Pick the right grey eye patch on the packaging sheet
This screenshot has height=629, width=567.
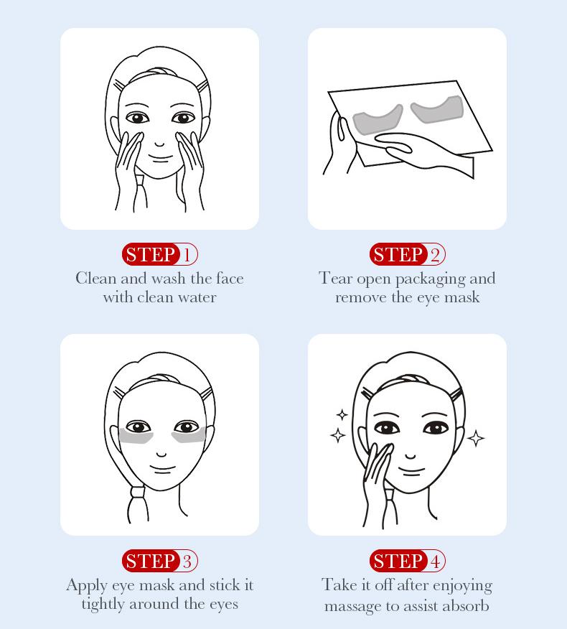[x=439, y=110]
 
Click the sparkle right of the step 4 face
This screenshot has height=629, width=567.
[x=475, y=437]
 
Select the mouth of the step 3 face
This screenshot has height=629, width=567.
[x=161, y=469]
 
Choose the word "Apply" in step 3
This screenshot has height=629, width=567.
[x=87, y=586]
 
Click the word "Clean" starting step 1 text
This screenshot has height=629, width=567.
[x=95, y=279]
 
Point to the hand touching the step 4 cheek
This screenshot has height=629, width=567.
[x=376, y=477]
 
